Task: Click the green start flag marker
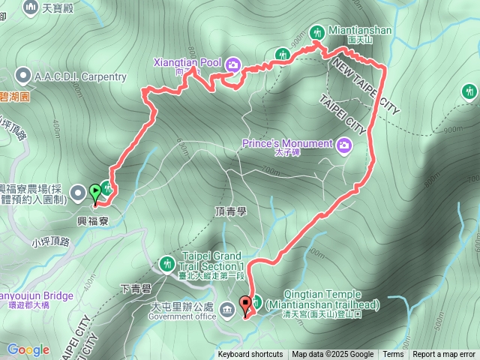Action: [95, 192]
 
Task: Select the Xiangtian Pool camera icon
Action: [232, 64]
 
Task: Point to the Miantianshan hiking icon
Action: [316, 31]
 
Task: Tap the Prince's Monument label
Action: [287, 144]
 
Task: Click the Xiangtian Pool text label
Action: [185, 62]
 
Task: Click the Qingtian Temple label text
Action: [322, 300]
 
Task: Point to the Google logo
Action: [28, 349]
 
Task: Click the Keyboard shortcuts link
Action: [250, 355]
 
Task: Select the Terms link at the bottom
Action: [393, 355]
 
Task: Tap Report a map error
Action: [445, 355]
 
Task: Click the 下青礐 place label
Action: [136, 289]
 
